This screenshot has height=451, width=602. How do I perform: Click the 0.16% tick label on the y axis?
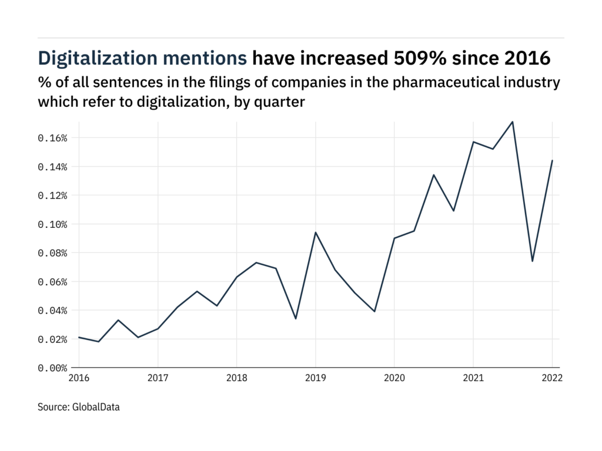53,138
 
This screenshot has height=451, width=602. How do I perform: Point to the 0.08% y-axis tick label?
53,253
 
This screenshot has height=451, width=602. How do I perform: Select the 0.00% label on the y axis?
53,368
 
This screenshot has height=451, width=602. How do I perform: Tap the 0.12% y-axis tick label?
53,196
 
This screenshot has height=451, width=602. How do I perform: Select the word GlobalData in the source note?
96,406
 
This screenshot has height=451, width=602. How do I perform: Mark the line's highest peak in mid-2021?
513,122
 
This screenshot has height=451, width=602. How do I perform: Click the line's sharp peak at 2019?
315,233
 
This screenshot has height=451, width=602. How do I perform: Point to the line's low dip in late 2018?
296,319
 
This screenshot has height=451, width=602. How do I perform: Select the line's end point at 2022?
553,160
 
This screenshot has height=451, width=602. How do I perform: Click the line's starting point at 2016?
79,337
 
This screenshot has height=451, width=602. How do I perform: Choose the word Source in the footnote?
52,406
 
